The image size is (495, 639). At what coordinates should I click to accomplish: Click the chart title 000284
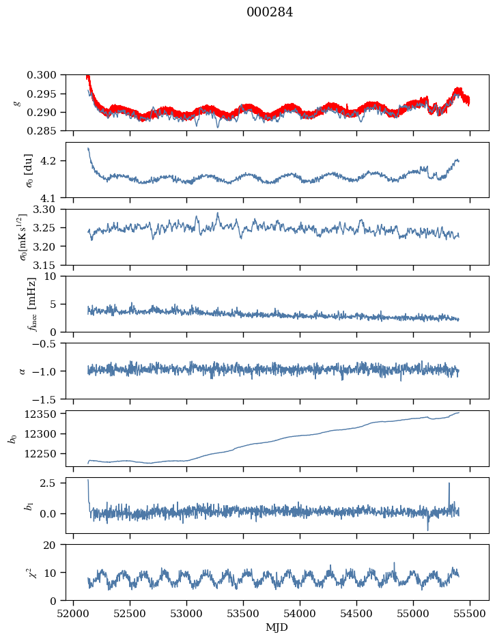[x=270, y=12]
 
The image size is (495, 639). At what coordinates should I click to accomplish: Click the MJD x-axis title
[x=277, y=627]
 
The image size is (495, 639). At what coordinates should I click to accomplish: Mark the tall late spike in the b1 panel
[x=449, y=484]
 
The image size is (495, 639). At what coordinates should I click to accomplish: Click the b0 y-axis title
[x=12, y=438]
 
